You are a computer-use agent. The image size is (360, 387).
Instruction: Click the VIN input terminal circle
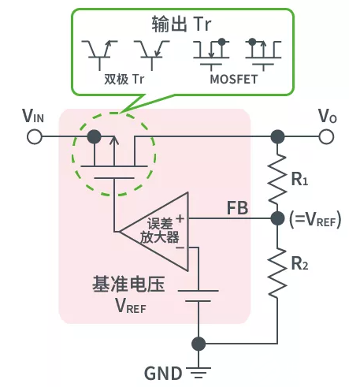[34, 136]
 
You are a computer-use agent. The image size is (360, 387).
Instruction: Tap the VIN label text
[34, 117]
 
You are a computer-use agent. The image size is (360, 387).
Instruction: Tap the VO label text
[327, 117]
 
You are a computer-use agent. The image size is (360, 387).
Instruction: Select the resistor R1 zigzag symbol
[276, 177]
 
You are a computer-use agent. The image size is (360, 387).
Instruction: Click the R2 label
[300, 263]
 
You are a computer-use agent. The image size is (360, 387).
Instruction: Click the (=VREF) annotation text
[314, 221]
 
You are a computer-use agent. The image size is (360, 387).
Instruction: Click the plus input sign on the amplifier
[180, 218]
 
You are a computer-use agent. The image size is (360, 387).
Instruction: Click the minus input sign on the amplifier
[180, 247]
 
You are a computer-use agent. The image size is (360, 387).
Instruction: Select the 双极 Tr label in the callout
[126, 80]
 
